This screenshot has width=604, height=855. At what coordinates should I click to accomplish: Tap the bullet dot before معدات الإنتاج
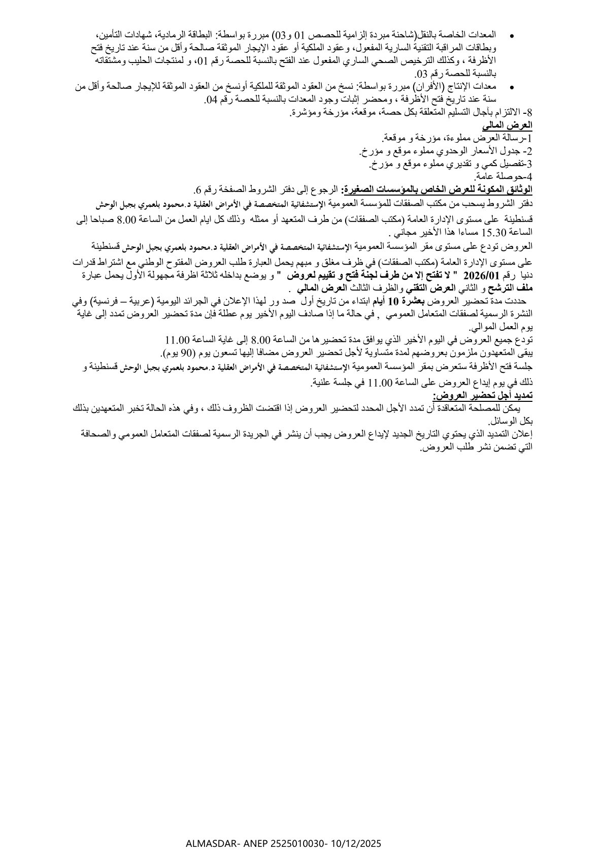tap(511, 88)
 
